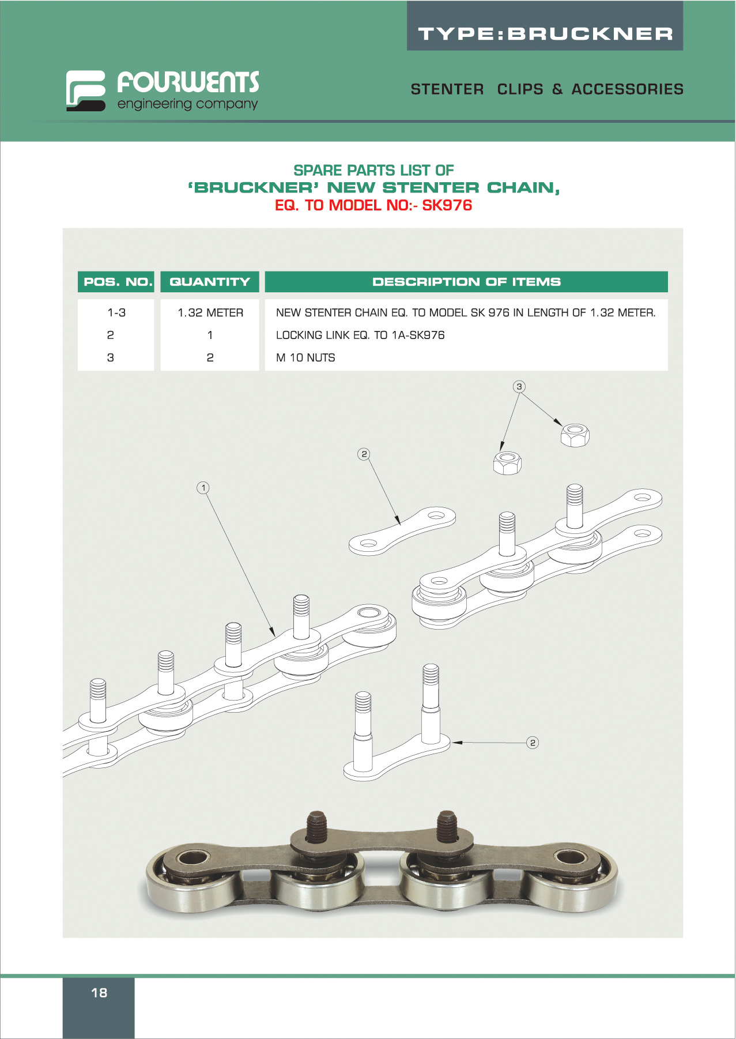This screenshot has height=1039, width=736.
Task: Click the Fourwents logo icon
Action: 85,91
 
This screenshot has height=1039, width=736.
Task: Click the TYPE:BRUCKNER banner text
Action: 545,34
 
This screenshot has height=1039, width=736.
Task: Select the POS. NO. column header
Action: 116,282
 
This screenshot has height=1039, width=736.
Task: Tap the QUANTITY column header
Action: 210,282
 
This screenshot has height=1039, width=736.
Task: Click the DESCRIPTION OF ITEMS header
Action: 466,282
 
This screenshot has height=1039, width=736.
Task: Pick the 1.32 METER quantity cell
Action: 210,313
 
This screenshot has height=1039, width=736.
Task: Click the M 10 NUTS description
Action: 305,357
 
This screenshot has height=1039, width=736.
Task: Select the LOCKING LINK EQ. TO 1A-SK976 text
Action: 360,335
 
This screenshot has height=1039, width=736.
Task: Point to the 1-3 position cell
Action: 116,313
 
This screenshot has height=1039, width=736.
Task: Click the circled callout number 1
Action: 203,488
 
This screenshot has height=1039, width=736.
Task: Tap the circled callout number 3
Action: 519,387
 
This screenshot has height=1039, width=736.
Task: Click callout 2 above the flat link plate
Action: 364,454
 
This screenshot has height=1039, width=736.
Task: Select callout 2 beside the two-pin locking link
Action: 533,743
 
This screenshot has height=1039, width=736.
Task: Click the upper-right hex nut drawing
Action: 575,435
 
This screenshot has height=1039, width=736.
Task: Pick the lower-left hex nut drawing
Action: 507,463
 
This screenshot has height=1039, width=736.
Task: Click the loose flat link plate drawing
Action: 402,531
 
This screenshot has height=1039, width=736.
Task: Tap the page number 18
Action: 99,992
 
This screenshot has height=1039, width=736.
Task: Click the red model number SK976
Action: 447,205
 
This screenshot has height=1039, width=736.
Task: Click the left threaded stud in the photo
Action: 316,827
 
